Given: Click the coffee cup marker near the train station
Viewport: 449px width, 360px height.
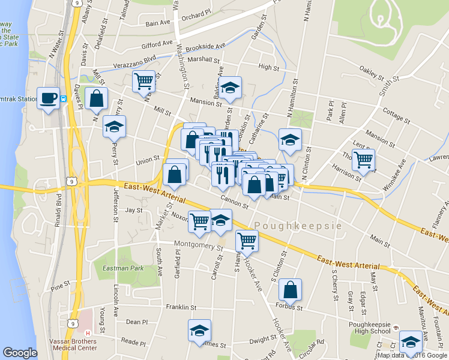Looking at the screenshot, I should [x=49, y=98].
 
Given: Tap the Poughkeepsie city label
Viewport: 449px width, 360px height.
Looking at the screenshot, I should [x=298, y=226].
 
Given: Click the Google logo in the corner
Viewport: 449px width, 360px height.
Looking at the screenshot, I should [x=20, y=353].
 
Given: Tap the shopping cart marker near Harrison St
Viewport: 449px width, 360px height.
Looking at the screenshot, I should [x=363, y=160].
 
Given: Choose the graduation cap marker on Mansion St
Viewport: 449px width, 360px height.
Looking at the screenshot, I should [x=230, y=88].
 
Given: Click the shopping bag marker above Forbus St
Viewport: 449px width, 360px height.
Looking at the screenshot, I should [x=291, y=290].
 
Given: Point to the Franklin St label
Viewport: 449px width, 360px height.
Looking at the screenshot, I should [x=181, y=307].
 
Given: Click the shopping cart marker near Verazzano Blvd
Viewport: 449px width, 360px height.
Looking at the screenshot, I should [x=143, y=80].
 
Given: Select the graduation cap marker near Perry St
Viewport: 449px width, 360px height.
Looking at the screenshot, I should [x=114, y=126].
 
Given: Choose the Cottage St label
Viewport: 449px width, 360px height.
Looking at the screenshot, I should [x=396, y=116].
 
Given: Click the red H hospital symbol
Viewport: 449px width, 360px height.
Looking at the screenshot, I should [x=88, y=334].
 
